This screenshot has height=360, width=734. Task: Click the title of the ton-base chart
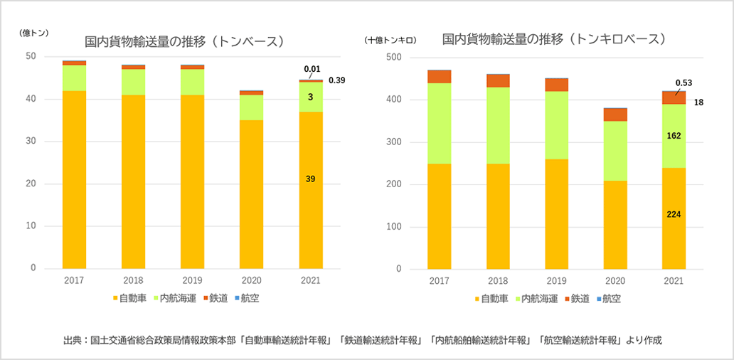pyautogui.click(x=184, y=41)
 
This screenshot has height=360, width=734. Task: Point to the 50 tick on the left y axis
pyautogui.click(x=31, y=56)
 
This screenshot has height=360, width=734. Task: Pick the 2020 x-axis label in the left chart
pyautogui.click(x=251, y=281)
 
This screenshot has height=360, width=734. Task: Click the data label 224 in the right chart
pyautogui.click(x=674, y=214)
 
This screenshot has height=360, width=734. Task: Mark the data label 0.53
pyautogui.click(x=684, y=82)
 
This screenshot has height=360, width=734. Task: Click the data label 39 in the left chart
pyautogui.click(x=310, y=179)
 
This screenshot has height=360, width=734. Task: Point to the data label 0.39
pyautogui.click(x=336, y=80)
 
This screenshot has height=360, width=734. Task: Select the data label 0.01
pyautogui.click(x=312, y=69)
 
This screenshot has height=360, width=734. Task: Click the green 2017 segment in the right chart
pyautogui.click(x=440, y=123)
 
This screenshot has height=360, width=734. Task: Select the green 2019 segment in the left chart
pyautogui.click(x=192, y=82)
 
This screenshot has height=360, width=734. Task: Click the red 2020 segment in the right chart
pyautogui.click(x=615, y=115)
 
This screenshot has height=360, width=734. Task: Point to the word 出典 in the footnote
pyautogui.click(x=72, y=340)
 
